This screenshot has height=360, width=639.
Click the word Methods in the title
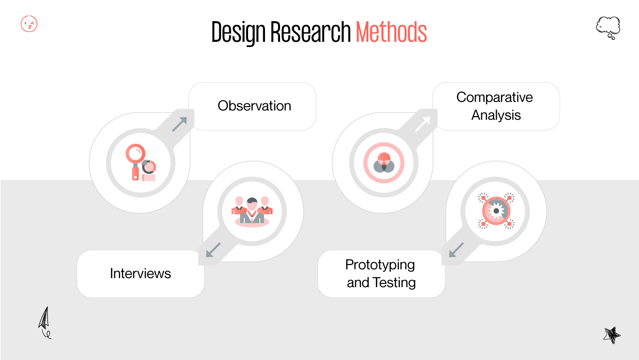coord(391,32)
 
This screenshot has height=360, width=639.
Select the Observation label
coord(254,106)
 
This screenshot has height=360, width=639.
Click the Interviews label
coord(140,274)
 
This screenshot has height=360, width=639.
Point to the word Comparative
coord(494,97)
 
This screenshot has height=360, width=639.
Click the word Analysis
coord(496,115)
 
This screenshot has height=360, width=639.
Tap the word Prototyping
coord(380,265)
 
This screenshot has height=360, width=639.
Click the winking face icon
coord(29,24)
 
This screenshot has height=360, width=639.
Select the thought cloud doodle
coord(608,27)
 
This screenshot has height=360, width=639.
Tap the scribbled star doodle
coord(611,335)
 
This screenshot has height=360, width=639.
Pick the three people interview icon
coord(252,211)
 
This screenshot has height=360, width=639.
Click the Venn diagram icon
coord(383,163)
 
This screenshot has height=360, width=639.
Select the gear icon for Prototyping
coord(496,211)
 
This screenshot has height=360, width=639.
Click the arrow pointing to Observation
coord(179,125)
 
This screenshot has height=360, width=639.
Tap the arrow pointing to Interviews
coord(214,250)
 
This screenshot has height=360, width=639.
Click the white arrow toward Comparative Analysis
coord(422,125)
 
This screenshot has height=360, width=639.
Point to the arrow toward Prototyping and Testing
coord(456,250)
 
